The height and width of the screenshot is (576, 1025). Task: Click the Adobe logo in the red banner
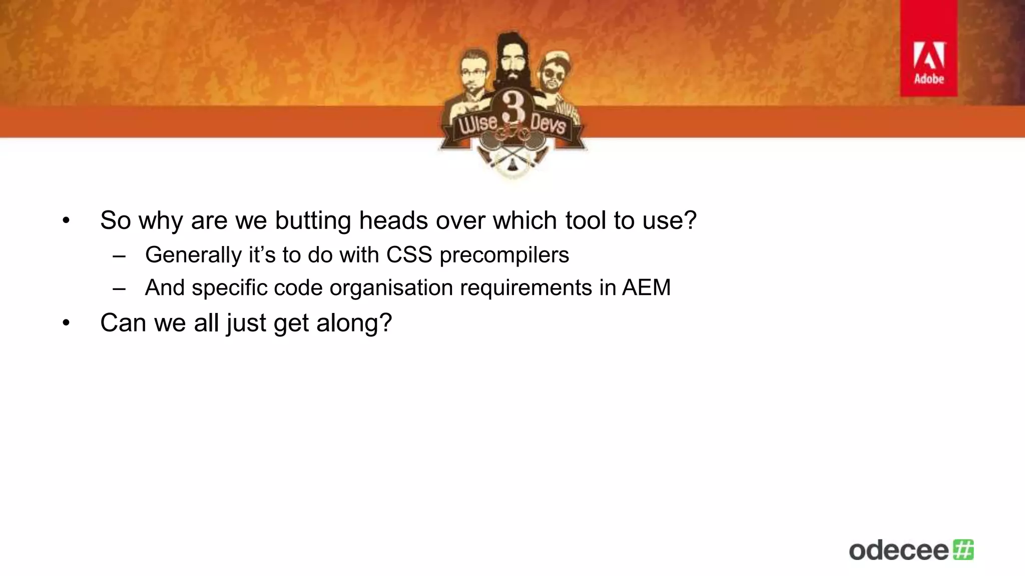[x=929, y=63]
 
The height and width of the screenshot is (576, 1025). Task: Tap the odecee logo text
[x=898, y=550]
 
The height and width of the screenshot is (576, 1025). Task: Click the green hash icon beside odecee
[x=963, y=549]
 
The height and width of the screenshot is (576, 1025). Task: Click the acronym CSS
[x=408, y=255]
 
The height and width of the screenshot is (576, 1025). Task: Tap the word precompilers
[x=504, y=255]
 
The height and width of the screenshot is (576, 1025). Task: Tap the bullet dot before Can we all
[x=66, y=323]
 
